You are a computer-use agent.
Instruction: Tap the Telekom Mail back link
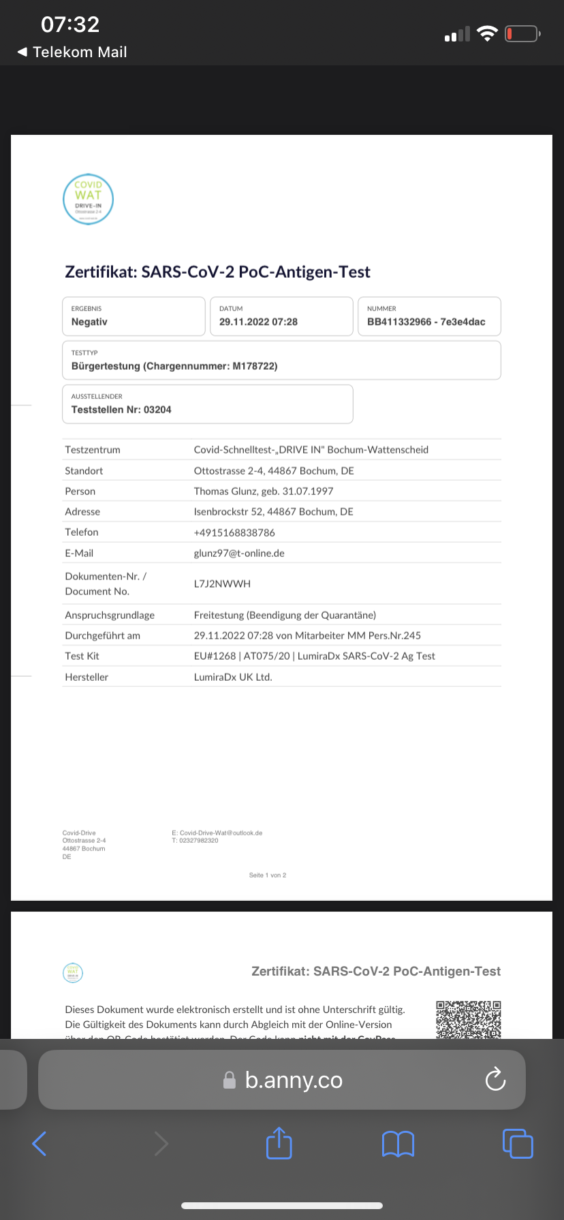click(72, 52)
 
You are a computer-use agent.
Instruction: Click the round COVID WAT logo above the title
click(88, 199)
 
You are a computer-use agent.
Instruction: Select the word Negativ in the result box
click(89, 322)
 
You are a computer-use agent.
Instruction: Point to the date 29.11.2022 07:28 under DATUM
click(258, 322)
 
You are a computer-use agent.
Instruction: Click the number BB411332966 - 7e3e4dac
click(426, 322)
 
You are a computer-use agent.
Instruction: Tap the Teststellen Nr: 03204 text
click(121, 410)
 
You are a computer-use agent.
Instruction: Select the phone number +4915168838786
click(234, 532)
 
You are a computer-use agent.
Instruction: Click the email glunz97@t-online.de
click(239, 553)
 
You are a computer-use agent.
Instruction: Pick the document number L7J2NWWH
click(222, 584)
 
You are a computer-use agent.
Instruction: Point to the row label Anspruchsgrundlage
click(110, 615)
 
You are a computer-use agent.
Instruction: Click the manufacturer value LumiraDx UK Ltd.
click(233, 677)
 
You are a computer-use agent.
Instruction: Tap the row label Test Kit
click(82, 656)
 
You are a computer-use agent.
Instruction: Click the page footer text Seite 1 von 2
click(268, 876)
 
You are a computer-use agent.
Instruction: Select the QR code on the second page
click(468, 1019)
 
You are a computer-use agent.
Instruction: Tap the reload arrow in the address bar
click(495, 1079)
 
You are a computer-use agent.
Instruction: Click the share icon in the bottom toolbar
click(279, 1143)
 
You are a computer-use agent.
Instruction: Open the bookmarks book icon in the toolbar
click(398, 1144)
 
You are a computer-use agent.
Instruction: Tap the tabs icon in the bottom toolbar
click(518, 1143)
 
